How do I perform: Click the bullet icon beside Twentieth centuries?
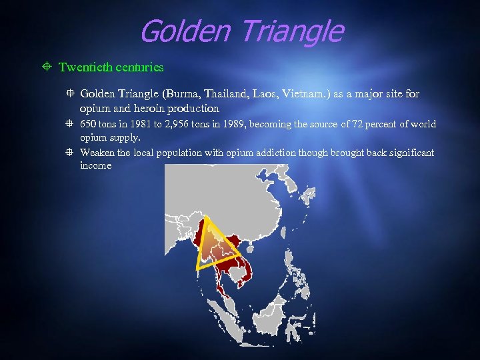[x=47, y=67]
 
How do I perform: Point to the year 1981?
[x=143, y=125]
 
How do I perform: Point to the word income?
[x=95, y=166]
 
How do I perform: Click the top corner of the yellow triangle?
[x=205, y=216]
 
